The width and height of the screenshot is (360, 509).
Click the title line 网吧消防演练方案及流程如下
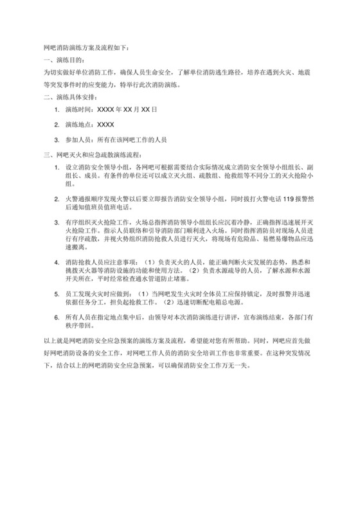85,48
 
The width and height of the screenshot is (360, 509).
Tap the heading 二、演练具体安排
69,97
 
